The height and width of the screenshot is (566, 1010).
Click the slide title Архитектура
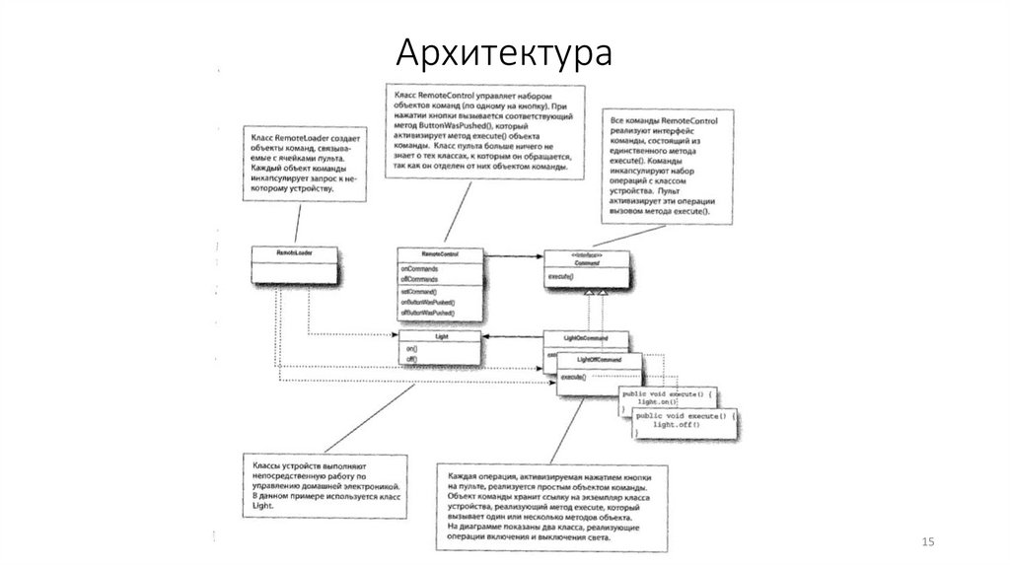tap(504, 53)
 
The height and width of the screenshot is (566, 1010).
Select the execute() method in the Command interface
tap(560, 278)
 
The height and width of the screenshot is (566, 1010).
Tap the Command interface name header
tap(588, 262)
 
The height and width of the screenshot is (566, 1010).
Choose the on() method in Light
tap(411, 349)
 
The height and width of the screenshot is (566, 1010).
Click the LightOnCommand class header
tap(586, 337)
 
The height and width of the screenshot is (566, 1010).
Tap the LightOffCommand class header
tap(596, 360)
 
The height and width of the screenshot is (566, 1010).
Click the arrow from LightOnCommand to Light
tap(512, 337)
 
